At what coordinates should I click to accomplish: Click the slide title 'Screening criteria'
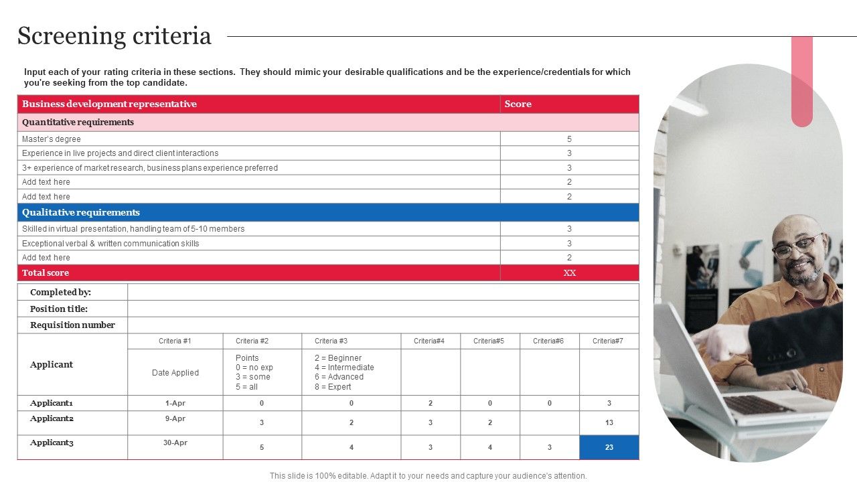[x=114, y=36]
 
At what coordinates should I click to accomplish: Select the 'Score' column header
[x=518, y=104]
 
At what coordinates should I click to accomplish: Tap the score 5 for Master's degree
[x=569, y=139]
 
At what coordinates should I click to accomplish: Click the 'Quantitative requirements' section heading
[x=78, y=122]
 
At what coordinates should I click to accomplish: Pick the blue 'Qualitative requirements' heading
[x=81, y=212]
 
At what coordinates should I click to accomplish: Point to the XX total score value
[x=569, y=272]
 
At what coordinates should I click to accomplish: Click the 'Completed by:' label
[x=60, y=293]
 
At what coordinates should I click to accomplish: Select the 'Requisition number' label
[x=72, y=325]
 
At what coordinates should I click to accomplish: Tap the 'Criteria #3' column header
[x=331, y=341]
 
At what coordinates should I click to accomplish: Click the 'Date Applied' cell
[x=175, y=372]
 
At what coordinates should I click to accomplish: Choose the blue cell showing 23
[x=609, y=447]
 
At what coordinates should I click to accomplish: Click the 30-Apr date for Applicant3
[x=175, y=443]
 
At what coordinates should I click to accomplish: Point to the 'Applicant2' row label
[x=52, y=418]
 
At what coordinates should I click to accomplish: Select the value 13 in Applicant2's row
[x=609, y=422]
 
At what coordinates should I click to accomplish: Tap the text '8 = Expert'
[x=333, y=386]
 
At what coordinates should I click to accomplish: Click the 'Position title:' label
[x=59, y=309]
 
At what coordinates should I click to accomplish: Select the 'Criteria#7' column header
[x=608, y=341]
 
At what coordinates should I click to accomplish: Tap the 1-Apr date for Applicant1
[x=175, y=403]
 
